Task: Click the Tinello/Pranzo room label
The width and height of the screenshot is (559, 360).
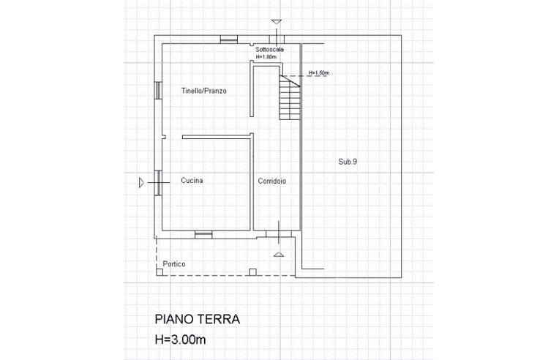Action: (204, 91)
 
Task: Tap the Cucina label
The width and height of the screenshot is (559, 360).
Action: (192, 180)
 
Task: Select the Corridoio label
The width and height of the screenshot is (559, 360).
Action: (271, 180)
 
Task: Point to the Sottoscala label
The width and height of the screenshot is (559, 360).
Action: (270, 49)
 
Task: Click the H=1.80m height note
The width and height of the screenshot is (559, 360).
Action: (267, 56)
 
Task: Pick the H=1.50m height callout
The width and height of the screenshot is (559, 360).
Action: (320, 72)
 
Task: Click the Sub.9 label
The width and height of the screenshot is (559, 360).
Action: (347, 162)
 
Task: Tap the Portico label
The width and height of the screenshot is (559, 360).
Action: (174, 263)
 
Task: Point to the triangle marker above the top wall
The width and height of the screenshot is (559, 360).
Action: (276, 22)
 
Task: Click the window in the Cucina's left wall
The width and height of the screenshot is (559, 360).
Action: (157, 182)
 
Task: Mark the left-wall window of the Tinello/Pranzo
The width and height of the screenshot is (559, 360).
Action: (157, 91)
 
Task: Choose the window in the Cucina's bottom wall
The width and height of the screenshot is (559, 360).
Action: (203, 234)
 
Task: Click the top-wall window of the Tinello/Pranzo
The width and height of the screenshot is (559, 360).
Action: (228, 39)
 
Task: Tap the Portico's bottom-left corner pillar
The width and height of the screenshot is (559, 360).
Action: (159, 272)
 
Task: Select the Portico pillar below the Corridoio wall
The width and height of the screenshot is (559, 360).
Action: (252, 272)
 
